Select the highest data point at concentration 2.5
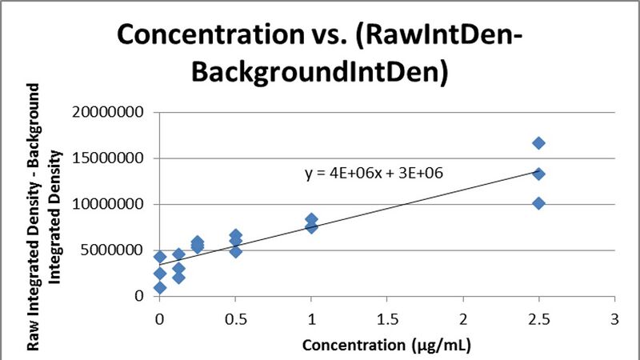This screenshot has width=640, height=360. point(538,143)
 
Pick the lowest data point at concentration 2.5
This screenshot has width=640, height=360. point(538,203)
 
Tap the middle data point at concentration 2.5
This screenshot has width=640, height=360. point(538,174)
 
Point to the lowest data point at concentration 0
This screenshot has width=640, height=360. point(160,287)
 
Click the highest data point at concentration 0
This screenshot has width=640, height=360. point(160,257)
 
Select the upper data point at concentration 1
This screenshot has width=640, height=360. point(311,219)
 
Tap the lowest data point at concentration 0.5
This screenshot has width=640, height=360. point(235,251)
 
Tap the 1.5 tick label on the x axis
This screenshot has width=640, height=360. point(387,319)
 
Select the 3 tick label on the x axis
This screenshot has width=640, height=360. point(614,319)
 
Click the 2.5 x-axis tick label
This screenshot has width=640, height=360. point(538,319)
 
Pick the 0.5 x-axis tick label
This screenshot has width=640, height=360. point(235,319)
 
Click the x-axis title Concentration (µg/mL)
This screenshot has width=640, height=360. point(386,346)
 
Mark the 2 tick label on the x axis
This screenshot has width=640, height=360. point(463,319)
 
